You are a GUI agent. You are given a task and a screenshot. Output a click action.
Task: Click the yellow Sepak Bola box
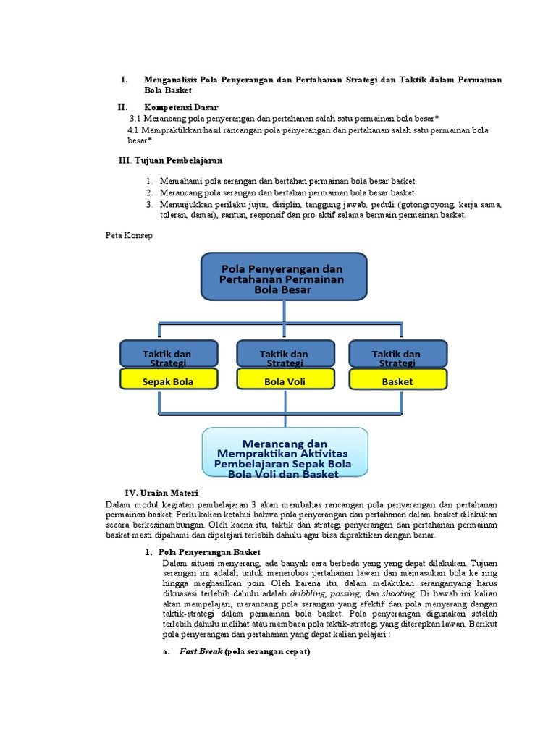[x=168, y=381]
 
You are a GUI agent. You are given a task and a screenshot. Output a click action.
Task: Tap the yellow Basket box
[x=397, y=381]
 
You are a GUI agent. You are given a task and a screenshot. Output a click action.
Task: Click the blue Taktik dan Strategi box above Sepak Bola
[x=168, y=355]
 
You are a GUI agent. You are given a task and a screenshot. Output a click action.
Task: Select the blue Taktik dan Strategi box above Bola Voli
[x=285, y=355]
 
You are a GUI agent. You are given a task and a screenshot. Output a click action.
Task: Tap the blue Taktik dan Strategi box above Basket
[x=397, y=355]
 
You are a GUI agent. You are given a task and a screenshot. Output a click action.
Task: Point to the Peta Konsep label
[x=129, y=236]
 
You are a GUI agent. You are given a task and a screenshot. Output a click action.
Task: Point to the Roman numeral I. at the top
[x=125, y=80]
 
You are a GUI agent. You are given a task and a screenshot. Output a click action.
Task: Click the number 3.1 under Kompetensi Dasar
[x=135, y=119]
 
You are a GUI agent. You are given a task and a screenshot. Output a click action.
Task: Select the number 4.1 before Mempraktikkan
[x=133, y=130]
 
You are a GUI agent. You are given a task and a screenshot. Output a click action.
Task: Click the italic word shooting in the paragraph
[x=400, y=592]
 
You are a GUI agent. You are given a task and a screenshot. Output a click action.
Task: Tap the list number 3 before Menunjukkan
[x=148, y=205]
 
